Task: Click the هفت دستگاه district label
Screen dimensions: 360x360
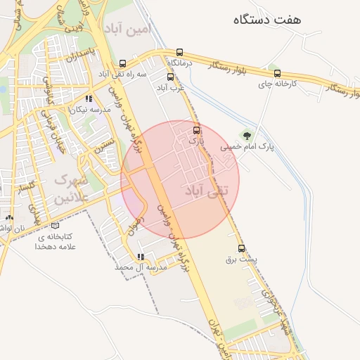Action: coord(269,19)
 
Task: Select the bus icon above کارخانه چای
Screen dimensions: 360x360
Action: coord(276,73)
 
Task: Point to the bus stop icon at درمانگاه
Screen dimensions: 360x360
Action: coord(180,53)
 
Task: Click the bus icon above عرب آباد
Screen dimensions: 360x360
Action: coord(170,77)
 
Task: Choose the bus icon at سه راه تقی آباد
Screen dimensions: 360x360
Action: coord(123,63)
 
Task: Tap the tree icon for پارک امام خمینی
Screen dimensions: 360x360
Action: coord(246,134)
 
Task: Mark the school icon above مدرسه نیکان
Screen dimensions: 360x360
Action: coord(88,99)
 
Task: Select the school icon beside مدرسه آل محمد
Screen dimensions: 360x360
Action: coord(141,257)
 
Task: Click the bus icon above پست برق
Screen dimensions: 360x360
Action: coord(242,248)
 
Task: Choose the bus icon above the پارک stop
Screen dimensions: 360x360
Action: coord(196,129)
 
